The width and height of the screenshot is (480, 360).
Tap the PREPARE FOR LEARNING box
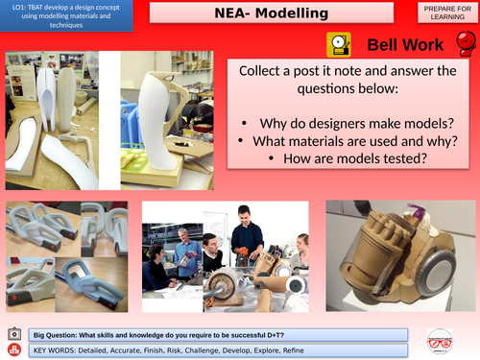[x=445, y=13]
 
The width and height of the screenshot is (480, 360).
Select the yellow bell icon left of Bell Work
[x=339, y=44]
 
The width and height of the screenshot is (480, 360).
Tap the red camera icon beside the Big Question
[x=13, y=331]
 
